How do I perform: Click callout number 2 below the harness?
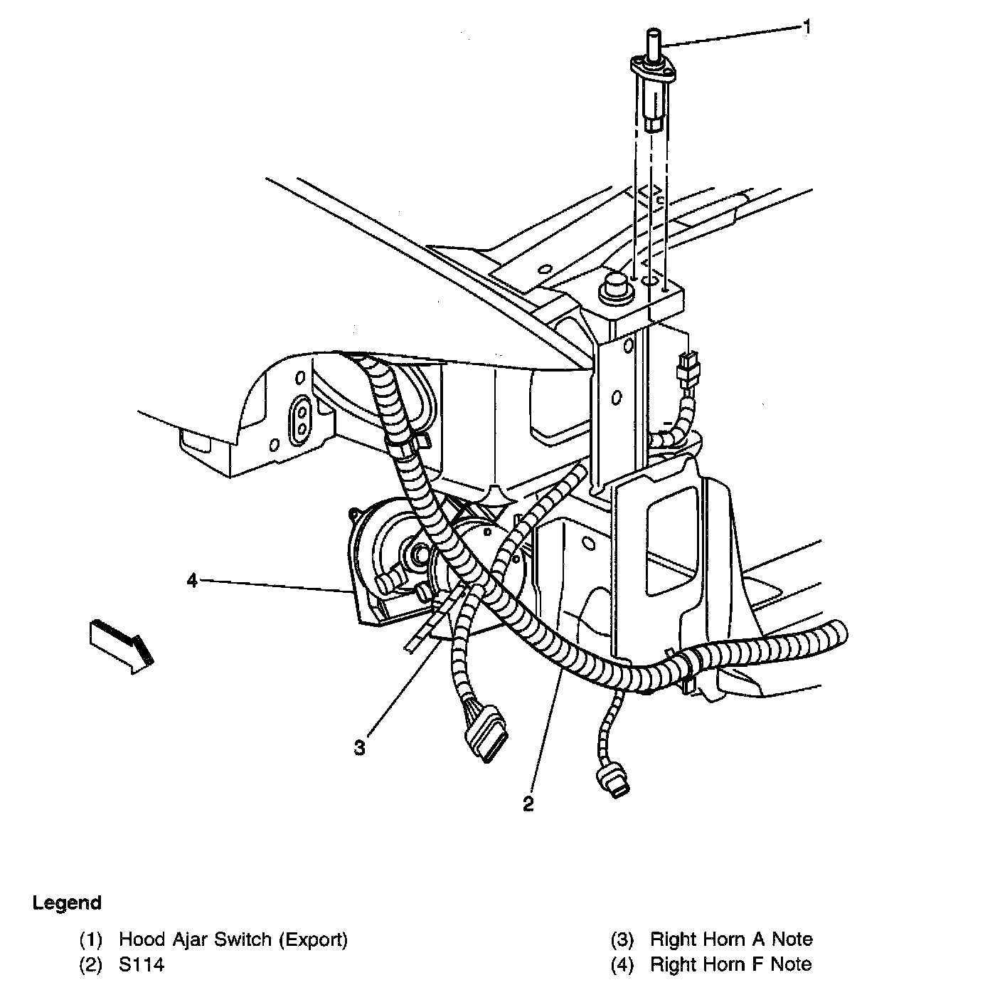tap(528, 804)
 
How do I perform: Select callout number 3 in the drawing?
tap(361, 747)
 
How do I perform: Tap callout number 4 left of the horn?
tap(192, 581)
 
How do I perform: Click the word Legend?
tap(67, 903)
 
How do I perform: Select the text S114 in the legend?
tap(142, 964)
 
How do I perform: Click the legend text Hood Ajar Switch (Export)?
tap(233, 939)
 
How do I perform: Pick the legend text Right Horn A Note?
tap(731, 939)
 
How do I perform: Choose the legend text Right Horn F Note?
tap(731, 964)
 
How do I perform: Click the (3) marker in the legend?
tap(622, 939)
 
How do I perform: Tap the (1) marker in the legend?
tap(91, 939)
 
